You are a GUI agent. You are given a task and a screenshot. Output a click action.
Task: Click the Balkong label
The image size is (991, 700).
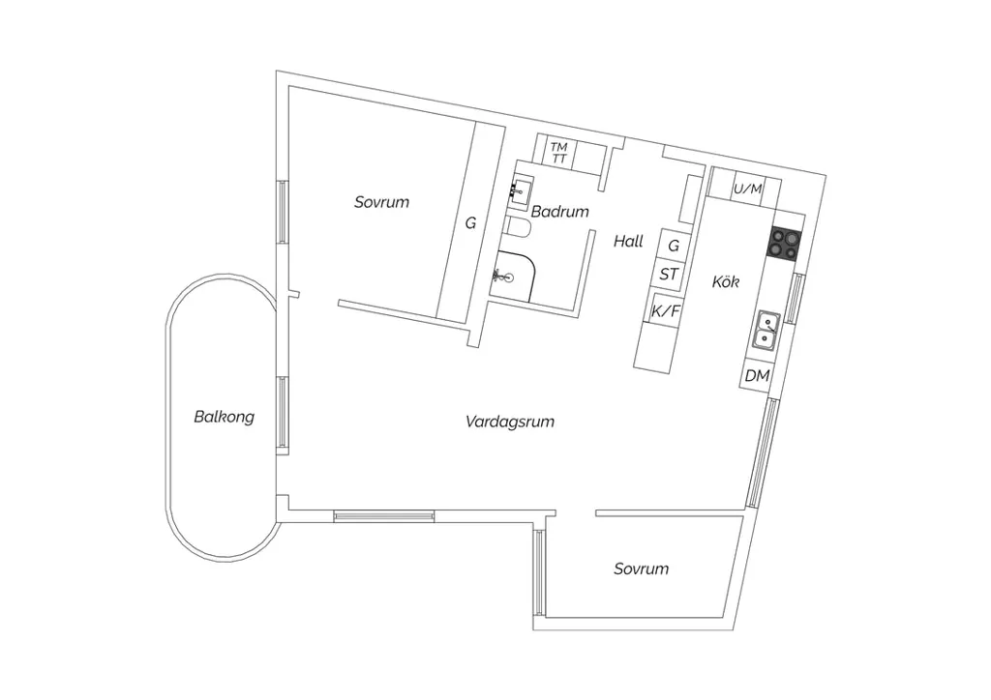225,417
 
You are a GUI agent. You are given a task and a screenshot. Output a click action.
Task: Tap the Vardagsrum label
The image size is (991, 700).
510,422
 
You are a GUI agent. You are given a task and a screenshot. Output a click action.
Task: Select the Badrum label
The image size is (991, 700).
560,212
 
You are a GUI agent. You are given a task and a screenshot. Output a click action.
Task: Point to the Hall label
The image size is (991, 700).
628,241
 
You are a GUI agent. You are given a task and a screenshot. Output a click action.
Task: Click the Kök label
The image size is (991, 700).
726,281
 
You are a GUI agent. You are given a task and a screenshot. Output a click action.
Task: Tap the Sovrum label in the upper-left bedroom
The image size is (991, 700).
381,202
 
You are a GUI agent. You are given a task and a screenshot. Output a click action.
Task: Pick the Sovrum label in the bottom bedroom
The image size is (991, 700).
642,569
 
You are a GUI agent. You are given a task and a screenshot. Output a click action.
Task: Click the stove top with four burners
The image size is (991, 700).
784,244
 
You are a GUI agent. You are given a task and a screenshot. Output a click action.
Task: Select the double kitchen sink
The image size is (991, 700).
767,331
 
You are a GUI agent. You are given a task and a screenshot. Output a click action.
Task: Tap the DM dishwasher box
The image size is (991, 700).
757,375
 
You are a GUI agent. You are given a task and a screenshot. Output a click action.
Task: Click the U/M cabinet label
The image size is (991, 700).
748,189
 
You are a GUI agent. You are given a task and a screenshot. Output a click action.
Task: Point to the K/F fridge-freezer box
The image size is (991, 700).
666,309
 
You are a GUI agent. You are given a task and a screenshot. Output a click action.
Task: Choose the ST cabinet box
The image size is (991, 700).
670,274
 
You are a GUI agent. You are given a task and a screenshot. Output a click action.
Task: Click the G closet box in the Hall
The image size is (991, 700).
674,244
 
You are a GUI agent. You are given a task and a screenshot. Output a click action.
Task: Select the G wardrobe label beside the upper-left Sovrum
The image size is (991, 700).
471,223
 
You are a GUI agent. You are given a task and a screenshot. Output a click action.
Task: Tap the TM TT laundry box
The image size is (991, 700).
559,154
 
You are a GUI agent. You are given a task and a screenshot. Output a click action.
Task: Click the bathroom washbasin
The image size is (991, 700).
520,191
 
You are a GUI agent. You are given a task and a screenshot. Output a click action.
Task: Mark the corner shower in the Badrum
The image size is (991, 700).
512,276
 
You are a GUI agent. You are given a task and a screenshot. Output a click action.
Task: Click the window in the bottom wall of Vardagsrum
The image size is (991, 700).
383,516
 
